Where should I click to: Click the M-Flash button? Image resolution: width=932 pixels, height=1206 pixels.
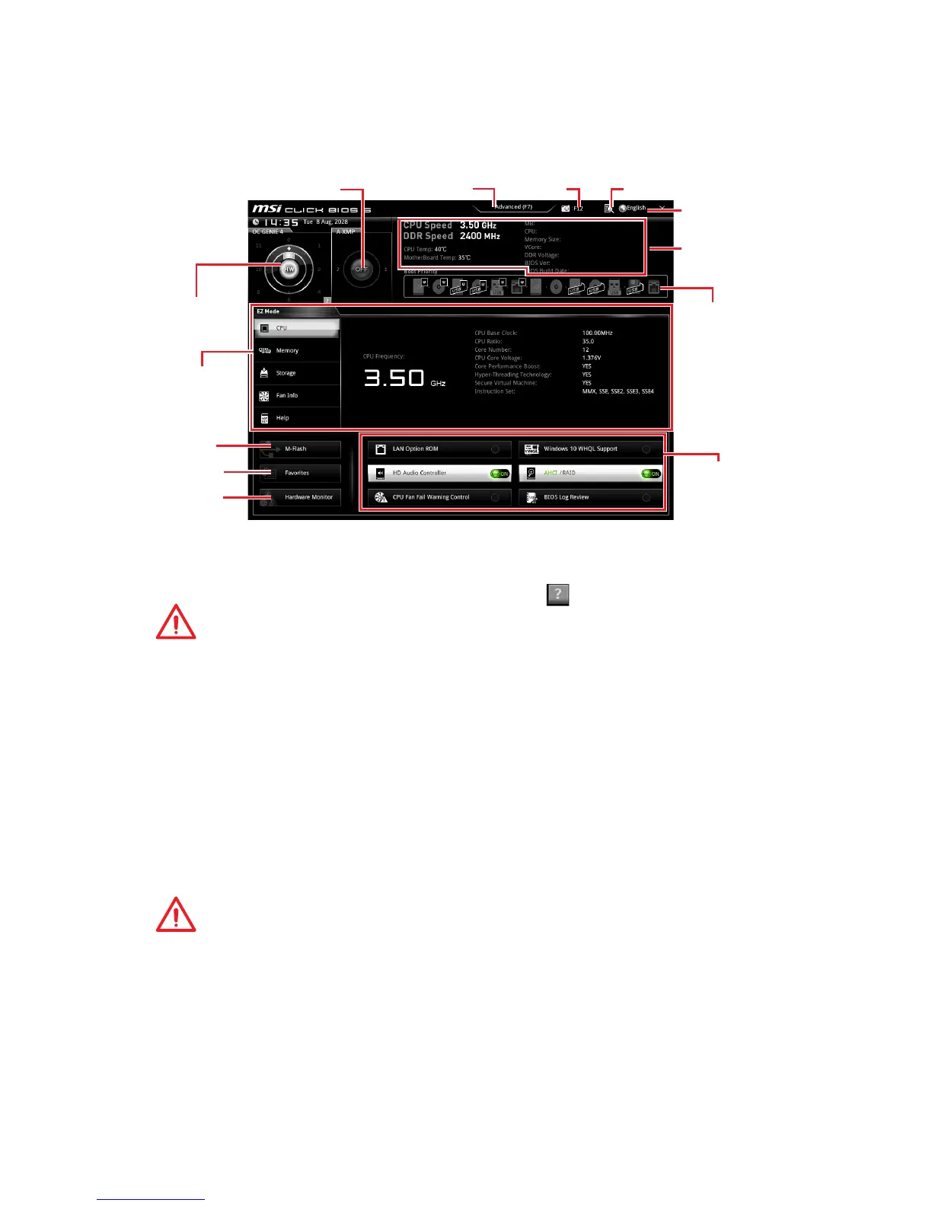(299, 449)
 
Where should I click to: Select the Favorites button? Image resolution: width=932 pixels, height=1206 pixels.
(299, 473)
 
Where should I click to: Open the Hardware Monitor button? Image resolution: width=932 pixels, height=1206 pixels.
(299, 497)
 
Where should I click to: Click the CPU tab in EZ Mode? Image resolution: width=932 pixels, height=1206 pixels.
(296, 328)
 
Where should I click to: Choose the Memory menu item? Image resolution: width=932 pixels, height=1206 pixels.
(296, 351)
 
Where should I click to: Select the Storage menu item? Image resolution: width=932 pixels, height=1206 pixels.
(296, 373)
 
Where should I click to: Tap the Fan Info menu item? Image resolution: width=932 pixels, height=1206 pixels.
(296, 396)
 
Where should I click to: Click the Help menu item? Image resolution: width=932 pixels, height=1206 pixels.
(296, 418)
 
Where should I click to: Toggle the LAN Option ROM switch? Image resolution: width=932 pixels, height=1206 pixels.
(495, 449)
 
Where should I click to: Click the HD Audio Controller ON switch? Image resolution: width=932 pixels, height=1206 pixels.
(500, 474)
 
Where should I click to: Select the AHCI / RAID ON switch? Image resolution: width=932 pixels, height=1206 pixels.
(651, 474)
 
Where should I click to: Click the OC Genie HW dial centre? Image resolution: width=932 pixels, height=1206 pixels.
(289, 270)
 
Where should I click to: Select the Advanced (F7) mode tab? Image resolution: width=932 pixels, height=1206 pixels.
(513, 207)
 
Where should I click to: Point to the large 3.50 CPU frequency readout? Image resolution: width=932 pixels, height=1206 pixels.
(394, 378)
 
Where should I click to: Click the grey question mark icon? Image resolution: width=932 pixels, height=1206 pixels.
(558, 595)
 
